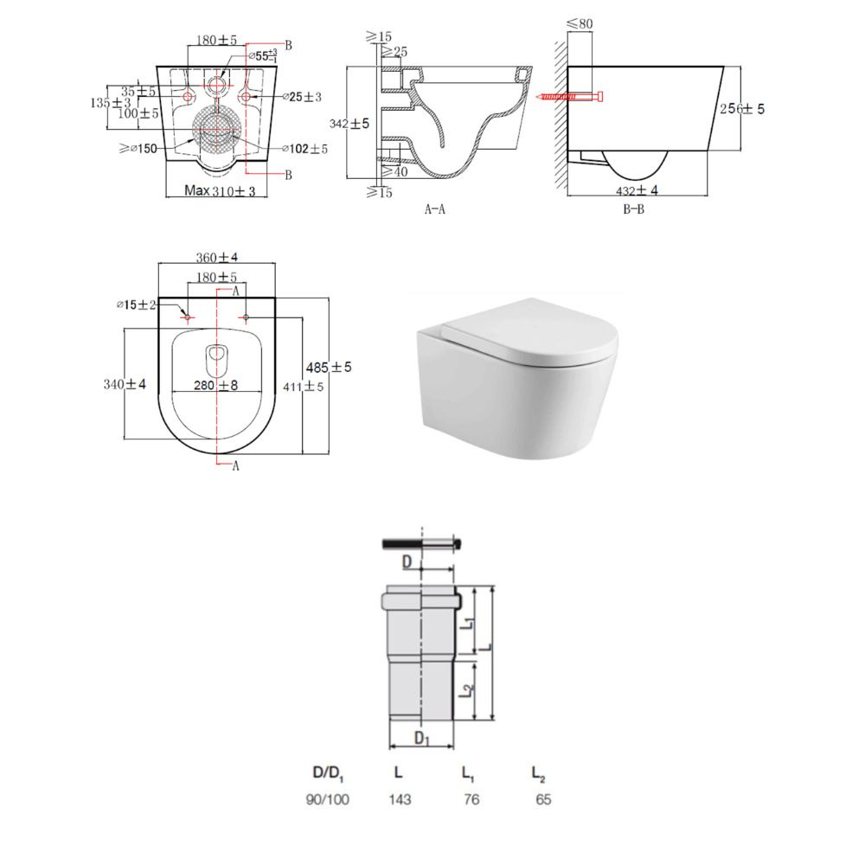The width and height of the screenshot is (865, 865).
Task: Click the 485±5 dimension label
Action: click(329, 367)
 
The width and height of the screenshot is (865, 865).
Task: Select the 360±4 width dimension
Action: click(217, 257)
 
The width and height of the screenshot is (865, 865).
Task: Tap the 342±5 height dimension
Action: click(349, 124)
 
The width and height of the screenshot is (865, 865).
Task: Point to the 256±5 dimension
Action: click(742, 109)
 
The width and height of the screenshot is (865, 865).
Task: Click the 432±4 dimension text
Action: click(638, 190)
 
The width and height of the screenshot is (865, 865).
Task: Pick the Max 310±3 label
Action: click(220, 191)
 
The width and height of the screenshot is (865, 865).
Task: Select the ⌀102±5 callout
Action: click(304, 149)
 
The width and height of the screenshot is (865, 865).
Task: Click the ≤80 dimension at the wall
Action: click(580, 23)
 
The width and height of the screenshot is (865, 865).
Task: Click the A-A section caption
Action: click(435, 209)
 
